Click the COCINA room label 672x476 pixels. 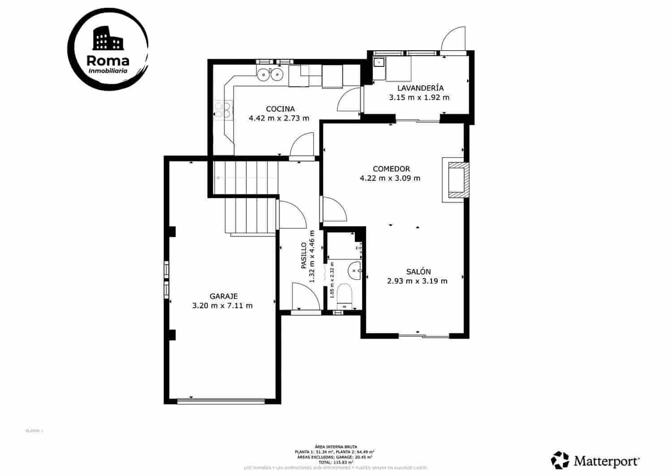coord(280,109)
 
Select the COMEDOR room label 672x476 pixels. coord(391,169)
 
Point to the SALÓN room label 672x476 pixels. coord(418,271)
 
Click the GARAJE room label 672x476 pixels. coord(224,296)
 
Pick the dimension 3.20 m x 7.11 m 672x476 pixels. coord(222,306)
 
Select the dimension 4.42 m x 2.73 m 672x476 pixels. coord(279,118)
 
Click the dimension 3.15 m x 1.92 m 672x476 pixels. coord(419,97)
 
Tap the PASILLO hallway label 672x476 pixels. coord(303,256)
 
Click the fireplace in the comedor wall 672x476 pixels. coord(457,179)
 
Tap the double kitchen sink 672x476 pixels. coord(271,74)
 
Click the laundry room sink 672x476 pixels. coord(379,63)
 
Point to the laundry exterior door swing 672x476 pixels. coord(452,39)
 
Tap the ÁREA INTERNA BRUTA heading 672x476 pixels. coord(336,447)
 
